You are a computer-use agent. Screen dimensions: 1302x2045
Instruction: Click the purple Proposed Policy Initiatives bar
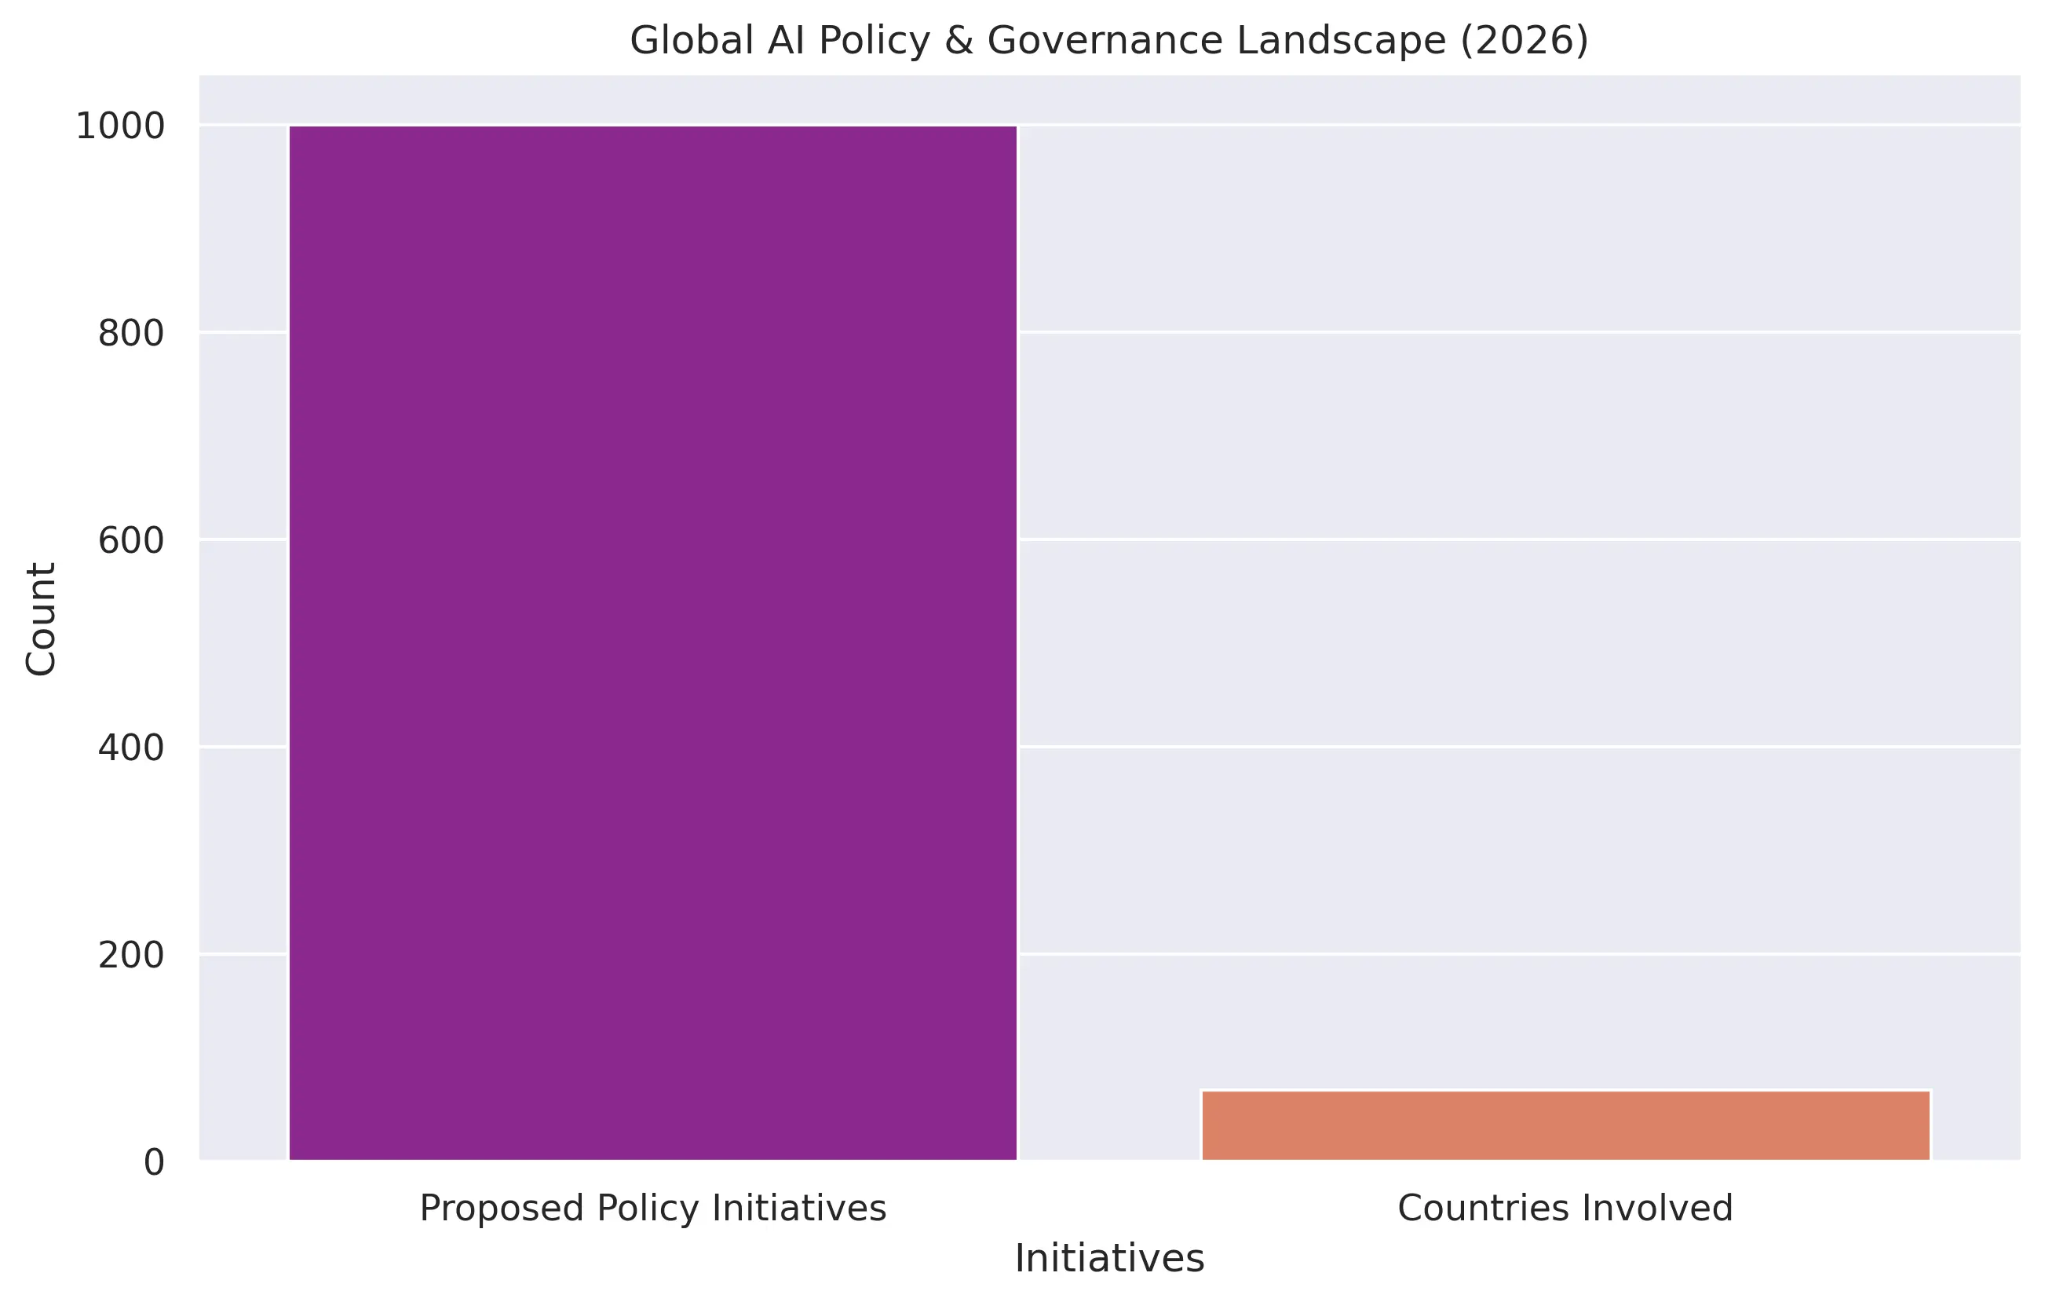pyautogui.click(x=652, y=643)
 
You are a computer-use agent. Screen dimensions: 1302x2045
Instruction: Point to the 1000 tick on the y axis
pyautogui.click(x=120, y=126)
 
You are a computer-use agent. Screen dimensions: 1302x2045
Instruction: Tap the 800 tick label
pyautogui.click(x=131, y=334)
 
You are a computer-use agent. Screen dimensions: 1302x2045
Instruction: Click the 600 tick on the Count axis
pyautogui.click(x=131, y=541)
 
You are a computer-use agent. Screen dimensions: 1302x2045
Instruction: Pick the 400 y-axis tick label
pyautogui.click(x=131, y=748)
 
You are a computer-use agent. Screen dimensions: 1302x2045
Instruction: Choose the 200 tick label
pyautogui.click(x=131, y=956)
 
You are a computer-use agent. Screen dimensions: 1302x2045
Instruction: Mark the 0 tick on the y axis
pyautogui.click(x=154, y=1163)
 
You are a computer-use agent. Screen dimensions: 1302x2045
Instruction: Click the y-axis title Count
pyautogui.click(x=41, y=618)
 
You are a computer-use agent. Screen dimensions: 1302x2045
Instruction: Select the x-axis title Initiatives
pyautogui.click(x=1109, y=1259)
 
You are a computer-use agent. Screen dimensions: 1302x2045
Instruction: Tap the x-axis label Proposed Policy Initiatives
pyautogui.click(x=652, y=1209)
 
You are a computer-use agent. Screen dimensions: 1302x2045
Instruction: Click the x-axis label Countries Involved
pyautogui.click(x=1565, y=1209)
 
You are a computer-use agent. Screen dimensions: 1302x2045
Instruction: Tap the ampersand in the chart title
pyautogui.click(x=959, y=41)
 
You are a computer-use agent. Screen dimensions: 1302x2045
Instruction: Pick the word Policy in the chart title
pyautogui.click(x=875, y=41)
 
